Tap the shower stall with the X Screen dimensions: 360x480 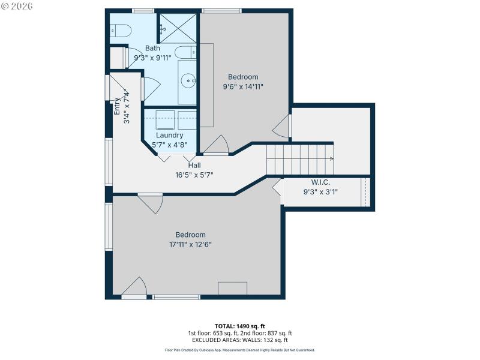177,28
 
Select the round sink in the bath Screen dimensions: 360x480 189,79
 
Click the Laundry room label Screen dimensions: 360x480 169,136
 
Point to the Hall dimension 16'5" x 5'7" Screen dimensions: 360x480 194,175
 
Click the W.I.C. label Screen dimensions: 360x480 320,182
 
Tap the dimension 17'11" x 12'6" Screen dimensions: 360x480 191,244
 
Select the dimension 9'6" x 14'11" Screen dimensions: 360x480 243,86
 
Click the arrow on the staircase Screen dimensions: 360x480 331,159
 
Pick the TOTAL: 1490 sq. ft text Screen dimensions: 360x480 240,326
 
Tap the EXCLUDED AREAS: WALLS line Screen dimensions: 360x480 240,340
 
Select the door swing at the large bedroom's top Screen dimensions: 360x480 151,203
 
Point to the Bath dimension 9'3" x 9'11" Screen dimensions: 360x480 152,58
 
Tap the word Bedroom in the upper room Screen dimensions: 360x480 243,77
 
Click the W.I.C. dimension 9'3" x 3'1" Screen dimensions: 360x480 320,192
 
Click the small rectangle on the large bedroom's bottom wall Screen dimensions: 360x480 232,288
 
